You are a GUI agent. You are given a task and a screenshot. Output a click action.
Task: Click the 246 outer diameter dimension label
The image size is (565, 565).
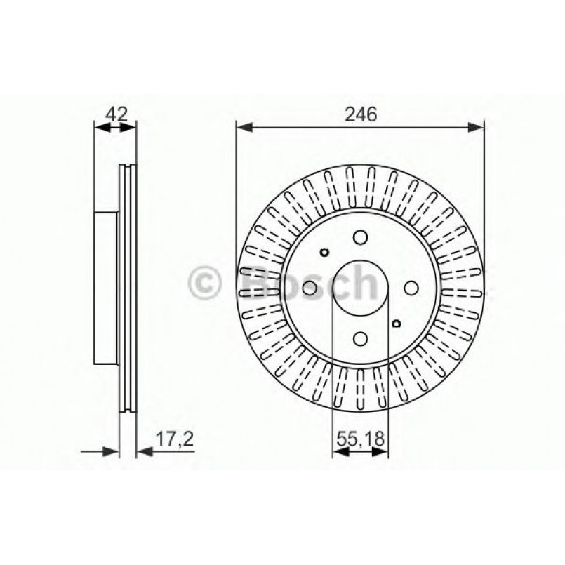pyautogui.click(x=360, y=114)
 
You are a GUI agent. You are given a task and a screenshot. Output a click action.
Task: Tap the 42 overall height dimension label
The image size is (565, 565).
pyautogui.click(x=116, y=114)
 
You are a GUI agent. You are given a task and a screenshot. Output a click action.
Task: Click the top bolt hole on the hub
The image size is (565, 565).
pyautogui.click(x=360, y=236)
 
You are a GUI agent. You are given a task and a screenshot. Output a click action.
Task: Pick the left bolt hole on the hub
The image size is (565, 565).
pyautogui.click(x=309, y=287)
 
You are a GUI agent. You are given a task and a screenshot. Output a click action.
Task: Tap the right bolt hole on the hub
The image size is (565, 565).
pyautogui.click(x=411, y=287)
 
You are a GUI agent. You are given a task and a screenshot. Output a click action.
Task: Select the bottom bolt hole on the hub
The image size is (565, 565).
pyautogui.click(x=360, y=339)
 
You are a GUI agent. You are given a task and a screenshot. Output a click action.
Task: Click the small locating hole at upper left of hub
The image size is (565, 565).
pyautogui.click(x=325, y=253)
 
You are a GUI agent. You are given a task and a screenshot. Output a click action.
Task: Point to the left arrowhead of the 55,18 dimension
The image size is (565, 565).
pyautogui.click(x=338, y=453)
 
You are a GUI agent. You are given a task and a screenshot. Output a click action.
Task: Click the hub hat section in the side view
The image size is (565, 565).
pyautogui.click(x=105, y=287)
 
